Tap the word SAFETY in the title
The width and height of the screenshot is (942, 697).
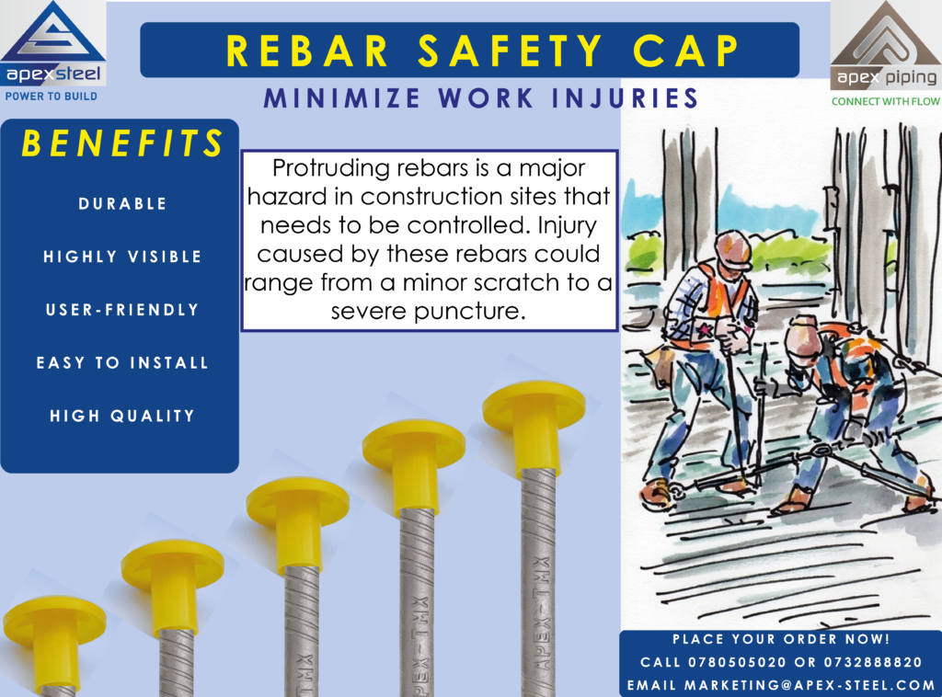coord(510,51)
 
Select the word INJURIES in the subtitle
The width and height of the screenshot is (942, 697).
coord(625,97)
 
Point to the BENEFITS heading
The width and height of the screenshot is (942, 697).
coord(122,143)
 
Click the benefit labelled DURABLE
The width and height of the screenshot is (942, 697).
coord(122,203)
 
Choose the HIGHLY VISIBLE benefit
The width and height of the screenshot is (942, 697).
coord(122,257)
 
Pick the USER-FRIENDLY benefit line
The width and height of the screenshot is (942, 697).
coord(122,310)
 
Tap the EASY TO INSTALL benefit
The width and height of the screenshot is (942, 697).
coord(122,362)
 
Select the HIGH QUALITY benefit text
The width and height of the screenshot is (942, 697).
coord(122,416)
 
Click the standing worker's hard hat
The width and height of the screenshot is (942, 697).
coord(733,248)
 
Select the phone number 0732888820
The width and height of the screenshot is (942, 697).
coord(873,662)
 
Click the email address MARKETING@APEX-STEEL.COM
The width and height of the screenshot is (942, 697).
coord(810,685)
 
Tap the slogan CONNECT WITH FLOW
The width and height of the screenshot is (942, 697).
coord(886,101)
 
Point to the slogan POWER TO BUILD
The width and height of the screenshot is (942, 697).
coord(52,96)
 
